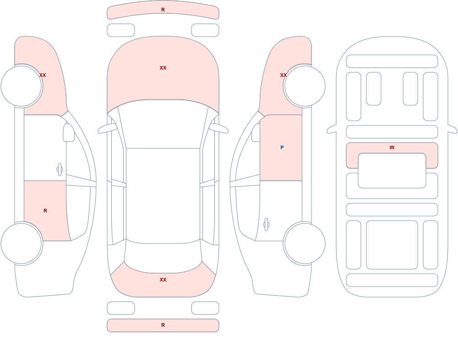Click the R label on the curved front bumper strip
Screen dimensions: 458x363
click(x=163, y=10)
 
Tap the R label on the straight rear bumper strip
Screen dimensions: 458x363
click(x=163, y=325)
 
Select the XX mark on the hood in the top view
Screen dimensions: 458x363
click(x=163, y=68)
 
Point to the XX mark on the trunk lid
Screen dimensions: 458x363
click(x=163, y=280)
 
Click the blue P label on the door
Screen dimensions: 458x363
click(x=282, y=147)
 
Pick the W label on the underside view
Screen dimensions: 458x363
click(x=392, y=147)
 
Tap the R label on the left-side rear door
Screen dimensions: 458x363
click(x=45, y=211)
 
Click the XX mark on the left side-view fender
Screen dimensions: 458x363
click(x=43, y=75)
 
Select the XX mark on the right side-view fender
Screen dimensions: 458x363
click(x=284, y=75)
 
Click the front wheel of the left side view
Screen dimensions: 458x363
click(x=22, y=86)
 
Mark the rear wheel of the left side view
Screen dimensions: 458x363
click(x=22, y=243)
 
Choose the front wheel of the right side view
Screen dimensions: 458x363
click(x=305, y=86)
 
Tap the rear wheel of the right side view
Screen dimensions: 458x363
click(x=305, y=243)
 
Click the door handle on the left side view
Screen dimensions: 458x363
click(x=60, y=170)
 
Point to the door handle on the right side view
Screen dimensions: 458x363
click(x=266, y=225)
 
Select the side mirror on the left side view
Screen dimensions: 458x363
click(x=69, y=133)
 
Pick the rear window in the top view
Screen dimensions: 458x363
click(x=163, y=256)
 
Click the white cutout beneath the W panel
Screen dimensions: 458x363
click(x=392, y=171)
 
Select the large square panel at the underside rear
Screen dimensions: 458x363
click(x=392, y=245)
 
